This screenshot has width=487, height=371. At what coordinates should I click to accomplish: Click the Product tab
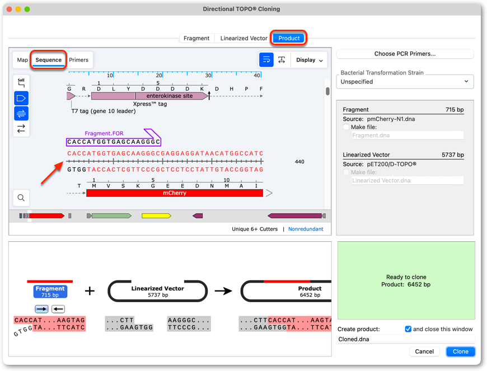pyautogui.click(x=288, y=38)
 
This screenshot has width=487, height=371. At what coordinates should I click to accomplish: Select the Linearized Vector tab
pyautogui.click(x=243, y=38)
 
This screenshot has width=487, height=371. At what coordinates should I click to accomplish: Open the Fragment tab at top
pyautogui.click(x=196, y=38)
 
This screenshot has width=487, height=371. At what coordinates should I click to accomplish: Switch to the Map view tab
pyautogui.click(x=22, y=60)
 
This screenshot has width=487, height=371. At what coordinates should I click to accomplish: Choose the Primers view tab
pyautogui.click(x=78, y=60)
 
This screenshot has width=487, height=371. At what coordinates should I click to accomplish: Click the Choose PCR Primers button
pyautogui.click(x=405, y=54)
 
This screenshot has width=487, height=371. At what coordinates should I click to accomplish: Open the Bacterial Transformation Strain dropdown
pyautogui.click(x=405, y=82)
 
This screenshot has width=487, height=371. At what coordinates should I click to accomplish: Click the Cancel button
pyautogui.click(x=424, y=351)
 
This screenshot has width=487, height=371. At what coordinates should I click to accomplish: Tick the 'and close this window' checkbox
pyautogui.click(x=408, y=329)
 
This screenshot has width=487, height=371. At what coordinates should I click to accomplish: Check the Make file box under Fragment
pyautogui.click(x=346, y=127)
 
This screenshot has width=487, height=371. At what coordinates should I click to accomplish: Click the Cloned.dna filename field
pyautogui.click(x=406, y=339)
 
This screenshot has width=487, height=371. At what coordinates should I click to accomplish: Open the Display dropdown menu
pyautogui.click(x=310, y=60)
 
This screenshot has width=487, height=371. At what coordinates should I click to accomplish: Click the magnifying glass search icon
pyautogui.click(x=21, y=198)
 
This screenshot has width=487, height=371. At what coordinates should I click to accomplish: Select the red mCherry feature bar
pyautogui.click(x=175, y=193)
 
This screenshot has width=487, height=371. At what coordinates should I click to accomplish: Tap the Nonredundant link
pyautogui.click(x=306, y=229)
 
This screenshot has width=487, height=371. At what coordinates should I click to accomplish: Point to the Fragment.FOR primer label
pyautogui.click(x=104, y=134)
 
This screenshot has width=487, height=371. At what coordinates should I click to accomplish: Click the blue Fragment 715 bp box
pyautogui.click(x=50, y=292)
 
